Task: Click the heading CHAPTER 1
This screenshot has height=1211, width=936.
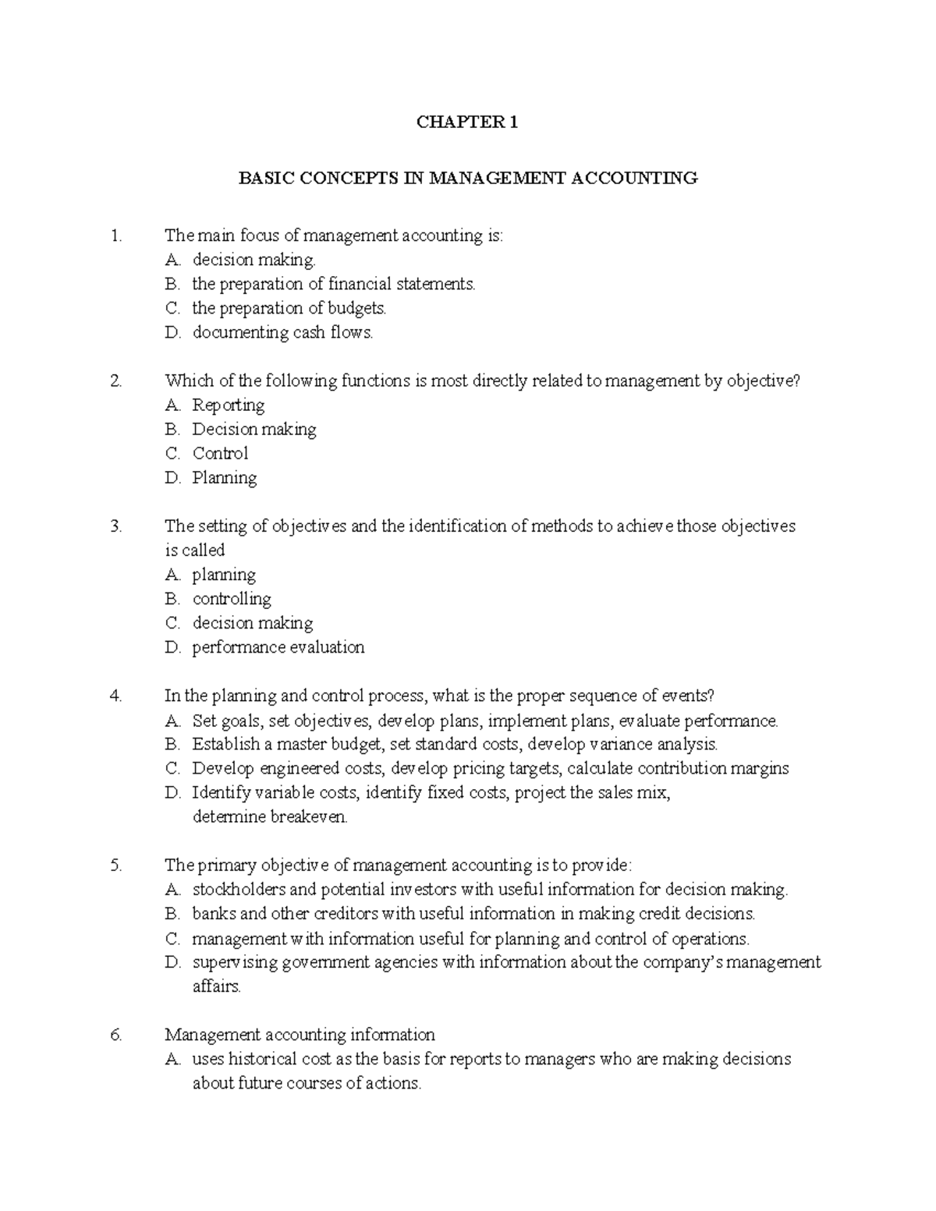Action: (x=467, y=122)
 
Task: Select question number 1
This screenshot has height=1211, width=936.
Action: (x=117, y=235)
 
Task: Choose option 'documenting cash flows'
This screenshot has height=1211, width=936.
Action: (x=282, y=333)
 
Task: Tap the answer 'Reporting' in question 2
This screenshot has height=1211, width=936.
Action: (x=228, y=405)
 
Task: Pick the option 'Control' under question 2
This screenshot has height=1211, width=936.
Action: (x=220, y=454)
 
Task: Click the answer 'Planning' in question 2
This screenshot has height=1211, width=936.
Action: (x=224, y=478)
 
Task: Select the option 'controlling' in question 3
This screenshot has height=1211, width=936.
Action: (x=232, y=599)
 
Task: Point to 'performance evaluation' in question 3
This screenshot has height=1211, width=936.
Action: (x=278, y=647)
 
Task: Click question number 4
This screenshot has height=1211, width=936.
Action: (x=117, y=696)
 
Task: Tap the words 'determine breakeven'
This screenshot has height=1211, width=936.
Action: (x=270, y=817)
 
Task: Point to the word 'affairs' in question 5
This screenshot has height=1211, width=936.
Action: (x=216, y=986)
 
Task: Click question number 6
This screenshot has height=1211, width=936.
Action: (x=117, y=1035)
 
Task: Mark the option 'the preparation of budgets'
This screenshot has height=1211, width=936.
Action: (x=289, y=309)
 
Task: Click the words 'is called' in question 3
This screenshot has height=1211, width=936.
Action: (x=195, y=551)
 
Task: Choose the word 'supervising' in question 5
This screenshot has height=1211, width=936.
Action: (x=235, y=962)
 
